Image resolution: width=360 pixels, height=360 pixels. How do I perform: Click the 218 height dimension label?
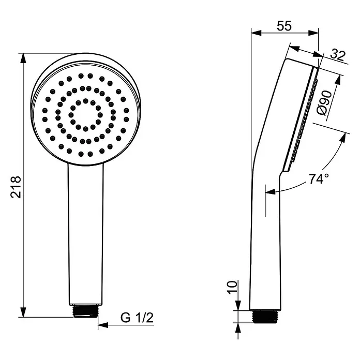tap(16, 187)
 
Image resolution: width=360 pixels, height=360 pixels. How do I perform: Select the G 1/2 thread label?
tap(137, 318)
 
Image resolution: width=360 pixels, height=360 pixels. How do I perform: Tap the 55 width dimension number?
tap(284, 26)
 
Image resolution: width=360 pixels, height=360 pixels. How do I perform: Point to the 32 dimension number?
tap(338, 55)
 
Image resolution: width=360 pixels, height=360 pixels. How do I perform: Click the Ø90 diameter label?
tap(324, 103)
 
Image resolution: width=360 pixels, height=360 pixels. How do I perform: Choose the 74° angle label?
tap(319, 179)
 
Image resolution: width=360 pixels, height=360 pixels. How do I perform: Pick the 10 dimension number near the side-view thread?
tap(232, 288)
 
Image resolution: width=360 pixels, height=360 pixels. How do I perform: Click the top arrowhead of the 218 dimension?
tap(23, 58)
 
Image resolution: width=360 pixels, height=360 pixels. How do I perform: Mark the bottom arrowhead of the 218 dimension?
tap(23, 312)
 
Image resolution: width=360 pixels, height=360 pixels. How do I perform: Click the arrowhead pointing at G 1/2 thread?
tap(103, 325)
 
